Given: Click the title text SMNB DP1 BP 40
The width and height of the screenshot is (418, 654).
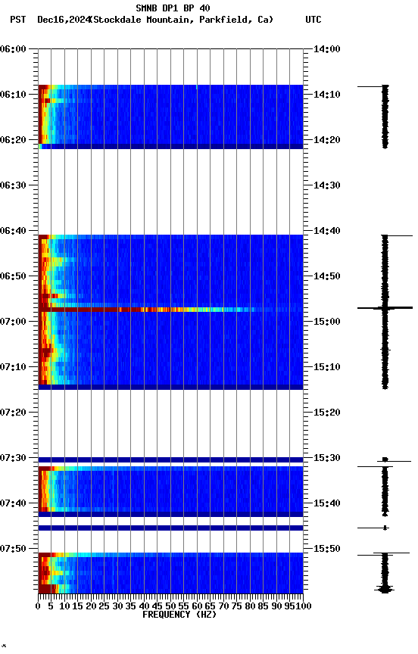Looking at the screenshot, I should (173, 8).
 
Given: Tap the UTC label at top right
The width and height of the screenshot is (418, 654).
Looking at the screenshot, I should (313, 20).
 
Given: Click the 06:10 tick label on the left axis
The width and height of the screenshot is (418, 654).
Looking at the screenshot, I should (14, 94).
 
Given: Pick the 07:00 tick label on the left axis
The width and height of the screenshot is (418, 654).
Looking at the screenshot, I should (14, 321).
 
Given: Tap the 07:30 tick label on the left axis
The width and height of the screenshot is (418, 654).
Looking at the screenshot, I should (14, 457).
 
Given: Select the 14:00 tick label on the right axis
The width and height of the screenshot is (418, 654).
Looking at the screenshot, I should (326, 48).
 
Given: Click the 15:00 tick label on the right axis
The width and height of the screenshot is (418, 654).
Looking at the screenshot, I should (326, 321).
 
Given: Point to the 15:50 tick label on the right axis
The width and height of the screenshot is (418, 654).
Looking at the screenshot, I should (326, 548).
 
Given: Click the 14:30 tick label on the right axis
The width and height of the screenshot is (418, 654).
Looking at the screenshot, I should (326, 185).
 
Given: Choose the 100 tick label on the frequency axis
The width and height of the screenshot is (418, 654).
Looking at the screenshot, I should (302, 606).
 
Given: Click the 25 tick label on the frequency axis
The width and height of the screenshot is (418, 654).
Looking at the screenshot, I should (104, 606).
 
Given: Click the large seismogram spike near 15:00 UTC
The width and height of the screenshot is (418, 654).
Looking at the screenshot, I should (385, 308).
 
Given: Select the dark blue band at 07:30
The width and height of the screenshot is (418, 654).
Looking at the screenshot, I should (170, 459).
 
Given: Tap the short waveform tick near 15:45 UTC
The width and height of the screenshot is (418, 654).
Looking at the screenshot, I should (385, 528).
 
